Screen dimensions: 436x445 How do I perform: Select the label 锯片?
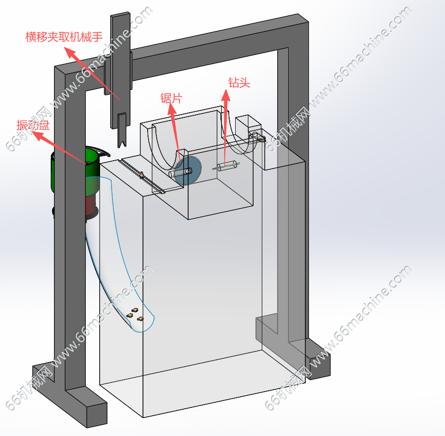click(x=171, y=98)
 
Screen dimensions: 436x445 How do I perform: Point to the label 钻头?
click(x=239, y=83)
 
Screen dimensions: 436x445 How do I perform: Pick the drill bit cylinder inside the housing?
click(x=226, y=166)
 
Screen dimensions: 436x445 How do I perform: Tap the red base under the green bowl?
click(x=92, y=206)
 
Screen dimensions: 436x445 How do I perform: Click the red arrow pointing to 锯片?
click(x=176, y=134)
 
